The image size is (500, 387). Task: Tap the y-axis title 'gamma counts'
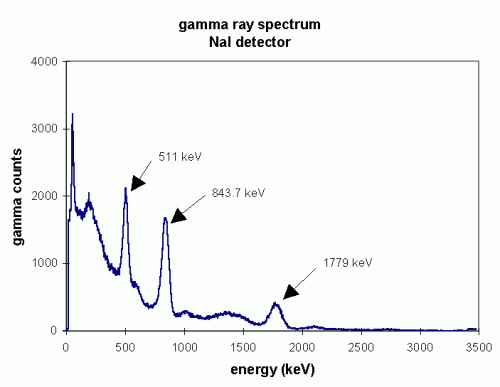click(16, 196)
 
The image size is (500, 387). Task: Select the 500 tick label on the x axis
click(125, 346)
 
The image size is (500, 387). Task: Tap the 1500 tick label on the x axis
click(243, 346)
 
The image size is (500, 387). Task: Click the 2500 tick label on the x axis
click(361, 346)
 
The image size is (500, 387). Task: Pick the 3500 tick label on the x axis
click(479, 346)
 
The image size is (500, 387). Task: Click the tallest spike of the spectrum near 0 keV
click(72, 115)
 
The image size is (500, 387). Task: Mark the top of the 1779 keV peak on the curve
click(275, 303)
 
